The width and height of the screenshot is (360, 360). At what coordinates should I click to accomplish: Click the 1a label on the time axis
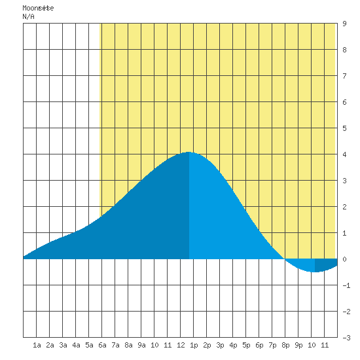click(x=37, y=345)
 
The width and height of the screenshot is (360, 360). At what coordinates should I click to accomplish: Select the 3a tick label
click(x=63, y=345)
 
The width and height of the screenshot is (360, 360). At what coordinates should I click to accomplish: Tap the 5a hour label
click(x=89, y=345)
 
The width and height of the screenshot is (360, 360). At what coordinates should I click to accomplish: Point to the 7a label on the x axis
click(x=115, y=345)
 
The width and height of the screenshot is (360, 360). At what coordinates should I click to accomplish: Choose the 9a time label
click(x=141, y=345)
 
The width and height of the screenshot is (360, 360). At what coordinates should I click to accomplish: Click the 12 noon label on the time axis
click(x=181, y=345)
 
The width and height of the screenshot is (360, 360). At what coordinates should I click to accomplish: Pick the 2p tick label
click(x=207, y=346)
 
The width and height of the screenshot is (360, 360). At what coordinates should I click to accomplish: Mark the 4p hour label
click(x=233, y=346)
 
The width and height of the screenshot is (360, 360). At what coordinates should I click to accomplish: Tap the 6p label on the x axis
click(x=259, y=346)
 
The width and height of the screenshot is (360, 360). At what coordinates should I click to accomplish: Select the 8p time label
click(x=285, y=346)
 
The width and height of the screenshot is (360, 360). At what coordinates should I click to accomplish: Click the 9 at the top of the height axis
click(x=344, y=24)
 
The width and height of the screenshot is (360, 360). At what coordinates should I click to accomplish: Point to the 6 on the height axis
click(x=344, y=102)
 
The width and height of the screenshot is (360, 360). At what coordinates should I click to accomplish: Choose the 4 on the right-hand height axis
click(x=344, y=154)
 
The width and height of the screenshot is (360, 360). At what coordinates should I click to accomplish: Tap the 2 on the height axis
click(x=344, y=207)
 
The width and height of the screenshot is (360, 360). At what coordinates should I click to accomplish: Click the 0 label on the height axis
click(x=344, y=259)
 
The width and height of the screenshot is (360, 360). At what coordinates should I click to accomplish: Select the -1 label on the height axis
click(x=346, y=285)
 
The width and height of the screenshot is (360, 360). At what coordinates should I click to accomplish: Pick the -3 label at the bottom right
click(x=346, y=338)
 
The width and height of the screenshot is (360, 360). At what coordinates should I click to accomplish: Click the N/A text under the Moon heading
click(x=28, y=16)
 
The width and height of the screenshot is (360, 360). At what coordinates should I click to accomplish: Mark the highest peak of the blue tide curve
click(x=189, y=152)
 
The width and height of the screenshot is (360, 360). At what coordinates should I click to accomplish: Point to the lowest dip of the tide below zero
click(x=315, y=272)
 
